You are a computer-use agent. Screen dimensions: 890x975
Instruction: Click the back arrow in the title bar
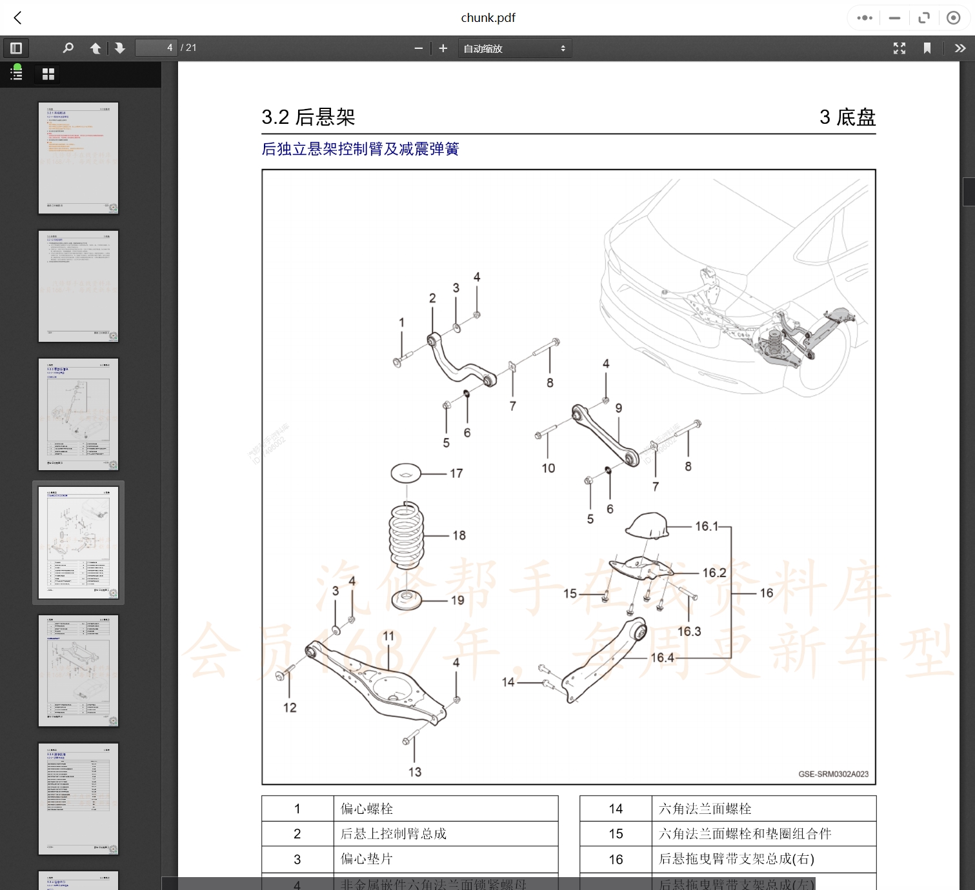coord(18,18)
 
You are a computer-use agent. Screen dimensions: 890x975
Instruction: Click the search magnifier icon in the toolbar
coord(68,48)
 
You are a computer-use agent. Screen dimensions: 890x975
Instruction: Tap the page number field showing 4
coord(156,48)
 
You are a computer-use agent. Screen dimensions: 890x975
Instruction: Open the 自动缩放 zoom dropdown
coord(514,48)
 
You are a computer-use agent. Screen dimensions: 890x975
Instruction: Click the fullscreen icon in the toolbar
coord(899,48)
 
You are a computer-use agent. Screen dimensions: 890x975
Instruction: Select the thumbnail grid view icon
coord(48,74)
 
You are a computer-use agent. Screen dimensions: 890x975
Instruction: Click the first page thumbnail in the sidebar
coord(78,158)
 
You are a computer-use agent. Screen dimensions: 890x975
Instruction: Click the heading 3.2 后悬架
coord(308,117)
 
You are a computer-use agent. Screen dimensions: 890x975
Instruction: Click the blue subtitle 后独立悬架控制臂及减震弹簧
coord(360,149)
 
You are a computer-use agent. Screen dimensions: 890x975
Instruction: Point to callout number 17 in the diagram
coord(456,473)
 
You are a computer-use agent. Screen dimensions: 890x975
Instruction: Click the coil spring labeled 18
coord(406,535)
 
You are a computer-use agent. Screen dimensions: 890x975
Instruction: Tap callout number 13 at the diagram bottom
coord(414,772)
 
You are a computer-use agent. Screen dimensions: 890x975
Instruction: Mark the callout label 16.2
coord(714,573)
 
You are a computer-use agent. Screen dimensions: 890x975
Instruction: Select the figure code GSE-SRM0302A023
coord(833,774)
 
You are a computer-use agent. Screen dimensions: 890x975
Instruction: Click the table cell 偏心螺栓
coord(367,809)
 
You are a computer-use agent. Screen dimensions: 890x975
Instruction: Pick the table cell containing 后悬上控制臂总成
coord(394,834)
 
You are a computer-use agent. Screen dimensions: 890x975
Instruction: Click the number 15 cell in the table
coord(616,834)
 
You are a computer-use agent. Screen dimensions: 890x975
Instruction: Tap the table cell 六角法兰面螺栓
coord(705,809)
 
